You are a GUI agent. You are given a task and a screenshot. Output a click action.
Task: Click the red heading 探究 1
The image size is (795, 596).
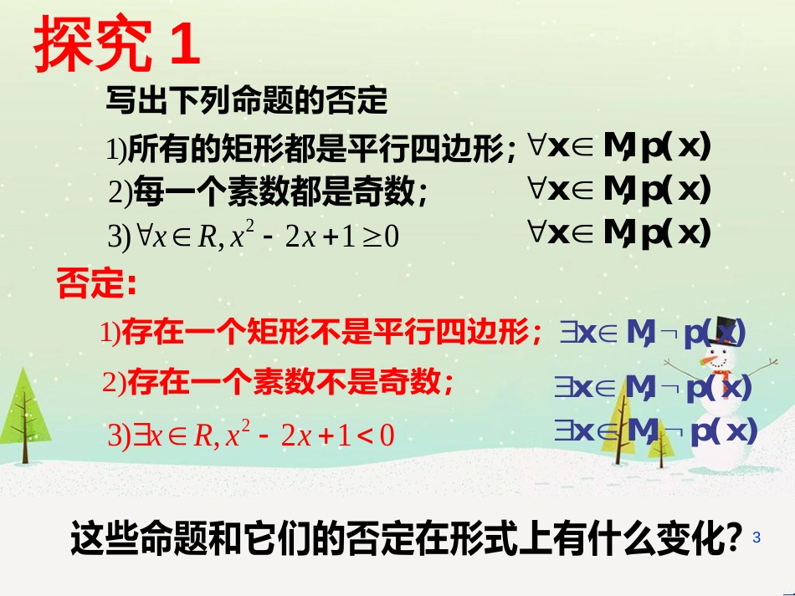[117, 44]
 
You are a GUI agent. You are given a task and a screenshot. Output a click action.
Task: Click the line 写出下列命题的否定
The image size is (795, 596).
[247, 102]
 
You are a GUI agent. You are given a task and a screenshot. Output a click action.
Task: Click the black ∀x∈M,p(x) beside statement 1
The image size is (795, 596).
[619, 147]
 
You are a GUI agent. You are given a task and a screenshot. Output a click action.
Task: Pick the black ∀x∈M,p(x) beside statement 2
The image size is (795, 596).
[619, 190]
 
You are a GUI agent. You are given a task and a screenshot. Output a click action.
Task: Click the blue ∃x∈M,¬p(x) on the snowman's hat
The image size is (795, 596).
[652, 334]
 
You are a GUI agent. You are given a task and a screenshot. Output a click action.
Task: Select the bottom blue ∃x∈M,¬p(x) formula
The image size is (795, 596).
[655, 430]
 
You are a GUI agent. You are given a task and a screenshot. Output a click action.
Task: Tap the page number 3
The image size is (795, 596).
[757, 537]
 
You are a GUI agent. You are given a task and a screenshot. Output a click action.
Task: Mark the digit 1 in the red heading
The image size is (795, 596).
[184, 44]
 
